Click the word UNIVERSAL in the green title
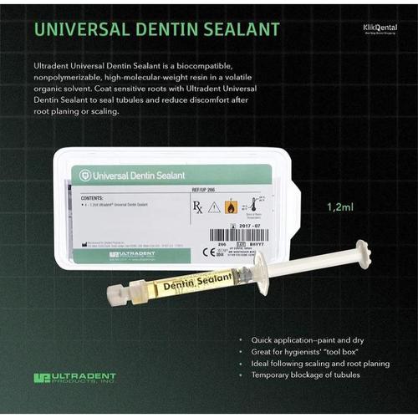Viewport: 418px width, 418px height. click(81, 30)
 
